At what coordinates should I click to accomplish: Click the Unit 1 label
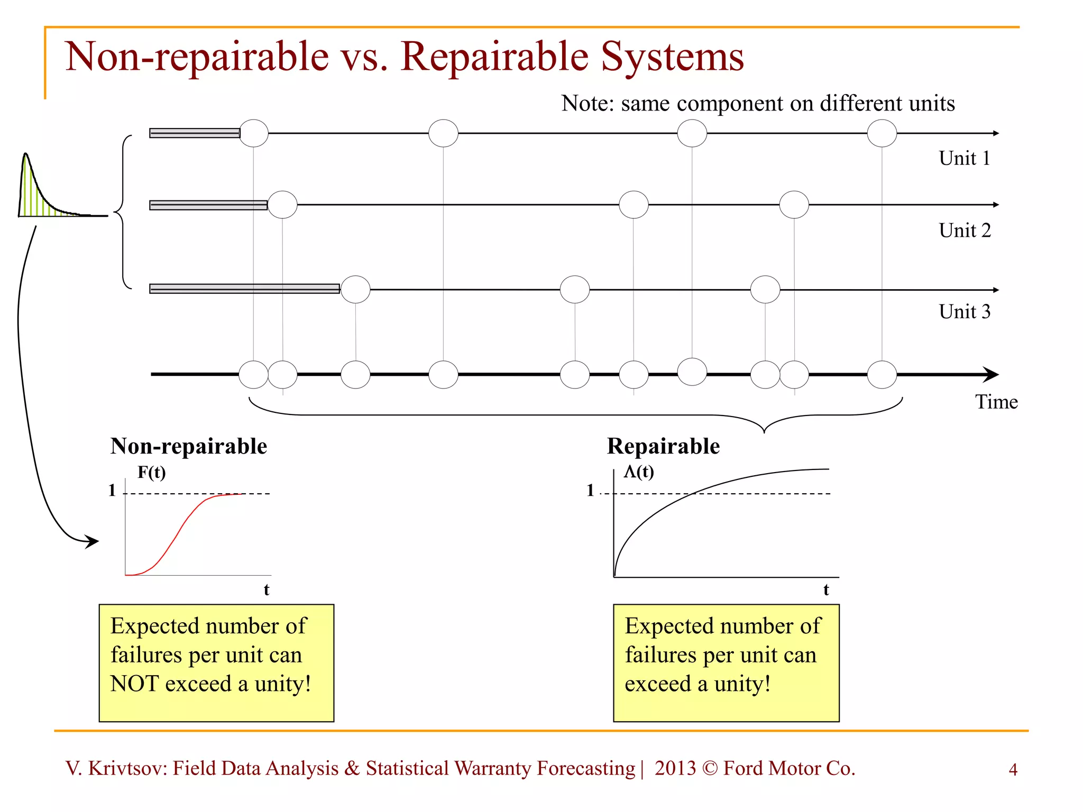[964, 158]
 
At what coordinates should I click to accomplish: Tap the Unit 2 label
[965, 230]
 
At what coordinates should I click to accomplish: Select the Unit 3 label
[965, 312]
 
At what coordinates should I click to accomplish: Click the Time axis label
[996, 402]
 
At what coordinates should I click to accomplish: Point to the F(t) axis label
[151, 472]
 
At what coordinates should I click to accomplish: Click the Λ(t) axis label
[639, 471]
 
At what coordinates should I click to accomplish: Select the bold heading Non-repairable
[189, 446]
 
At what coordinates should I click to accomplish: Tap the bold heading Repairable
[663, 446]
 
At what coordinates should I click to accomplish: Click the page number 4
[1013, 769]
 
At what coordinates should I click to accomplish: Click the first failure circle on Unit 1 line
[254, 133]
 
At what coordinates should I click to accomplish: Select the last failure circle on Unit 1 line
[882, 133]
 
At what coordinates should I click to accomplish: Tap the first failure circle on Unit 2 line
[282, 205]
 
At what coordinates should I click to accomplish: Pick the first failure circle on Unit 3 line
[355, 289]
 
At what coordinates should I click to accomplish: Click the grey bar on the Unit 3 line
[244, 289]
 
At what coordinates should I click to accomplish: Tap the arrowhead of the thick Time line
[991, 374]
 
